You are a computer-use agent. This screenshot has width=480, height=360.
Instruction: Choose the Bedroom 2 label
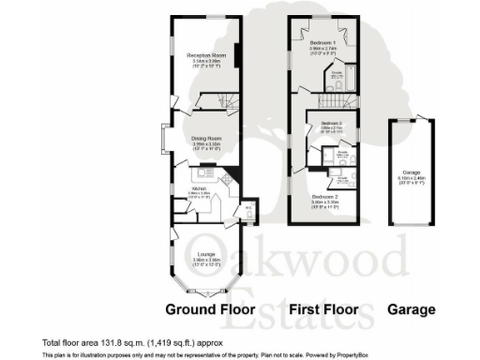(324, 197)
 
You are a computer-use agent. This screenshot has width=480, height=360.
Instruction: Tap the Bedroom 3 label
(328, 123)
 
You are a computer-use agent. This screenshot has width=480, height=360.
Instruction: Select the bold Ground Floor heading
(210, 309)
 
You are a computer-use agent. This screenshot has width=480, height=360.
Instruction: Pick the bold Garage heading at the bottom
(413, 309)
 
